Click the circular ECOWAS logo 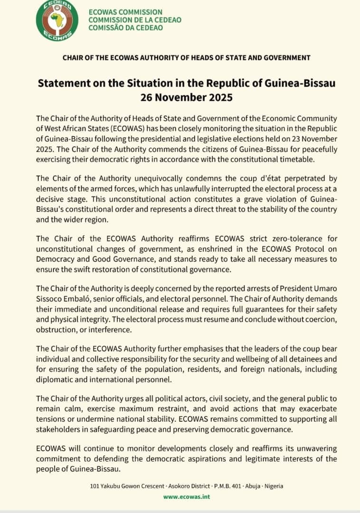[x=57, y=20]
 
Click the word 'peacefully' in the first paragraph [x=321, y=149]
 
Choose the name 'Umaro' [x=324, y=288]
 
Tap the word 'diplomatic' [x=52, y=379]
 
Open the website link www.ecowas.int [x=186, y=497]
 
